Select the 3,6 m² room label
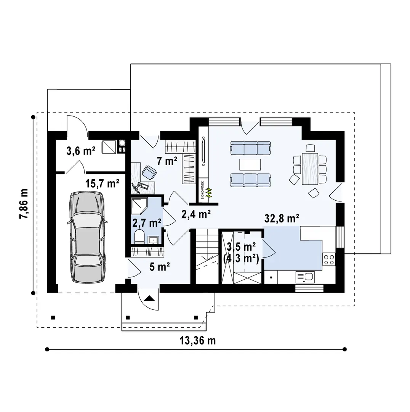tap(80, 151)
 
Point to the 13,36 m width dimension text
tap(197, 340)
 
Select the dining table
tap(310, 168)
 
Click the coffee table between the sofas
tap(250, 164)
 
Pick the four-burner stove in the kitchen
tap(329, 260)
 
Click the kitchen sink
tap(304, 277)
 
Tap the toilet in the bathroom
tap(139, 237)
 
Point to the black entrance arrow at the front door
tap(149, 299)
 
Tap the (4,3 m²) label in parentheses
tap(241, 260)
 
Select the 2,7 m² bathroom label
tap(147, 223)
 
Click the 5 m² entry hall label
tap(160, 267)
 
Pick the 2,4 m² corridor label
tap(196, 215)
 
